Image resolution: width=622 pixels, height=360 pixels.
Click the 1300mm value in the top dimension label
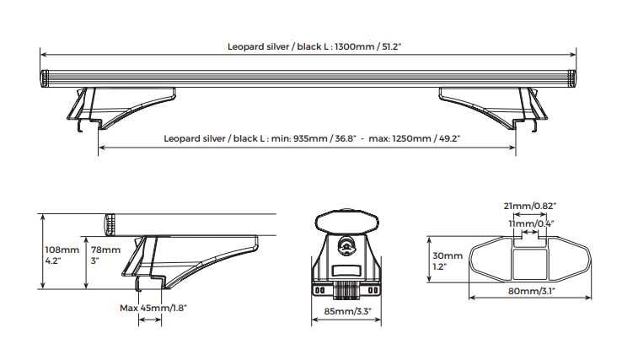pos(354,46)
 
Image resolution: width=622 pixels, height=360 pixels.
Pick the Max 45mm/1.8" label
pos(153,308)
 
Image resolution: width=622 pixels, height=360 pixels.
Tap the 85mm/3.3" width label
pos(347,311)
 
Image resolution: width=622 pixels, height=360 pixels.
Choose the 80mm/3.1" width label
pos(532,291)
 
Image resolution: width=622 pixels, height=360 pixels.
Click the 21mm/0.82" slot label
pos(530,206)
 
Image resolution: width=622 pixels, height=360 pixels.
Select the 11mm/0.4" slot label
pos(532,223)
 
